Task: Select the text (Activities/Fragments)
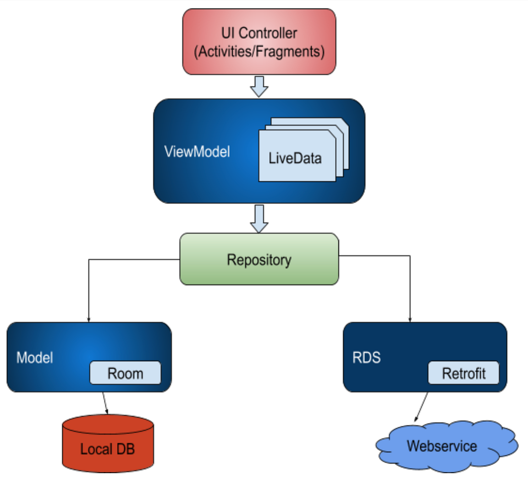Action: pos(259,51)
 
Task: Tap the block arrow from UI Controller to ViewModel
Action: pos(259,86)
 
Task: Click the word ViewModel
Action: pos(197,152)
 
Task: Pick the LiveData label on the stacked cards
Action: pos(295,158)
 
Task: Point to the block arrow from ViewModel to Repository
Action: pos(259,218)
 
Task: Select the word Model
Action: pos(35,358)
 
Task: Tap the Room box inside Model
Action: pos(125,373)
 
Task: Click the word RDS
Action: pos(366,358)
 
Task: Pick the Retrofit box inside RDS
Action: pos(463,373)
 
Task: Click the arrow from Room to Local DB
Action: pos(105,403)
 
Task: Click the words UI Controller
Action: pos(259,33)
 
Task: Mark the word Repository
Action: pos(259,260)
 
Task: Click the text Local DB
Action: pos(108,449)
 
